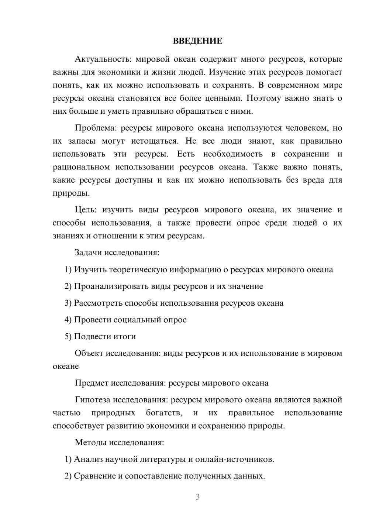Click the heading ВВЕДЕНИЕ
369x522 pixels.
point(197,41)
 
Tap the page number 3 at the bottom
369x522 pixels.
point(197,497)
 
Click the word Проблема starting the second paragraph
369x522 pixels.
point(95,128)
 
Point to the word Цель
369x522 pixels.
point(85,210)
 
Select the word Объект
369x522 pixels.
point(89,353)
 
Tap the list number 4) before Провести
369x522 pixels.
point(68,320)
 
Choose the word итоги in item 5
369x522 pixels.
point(125,337)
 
